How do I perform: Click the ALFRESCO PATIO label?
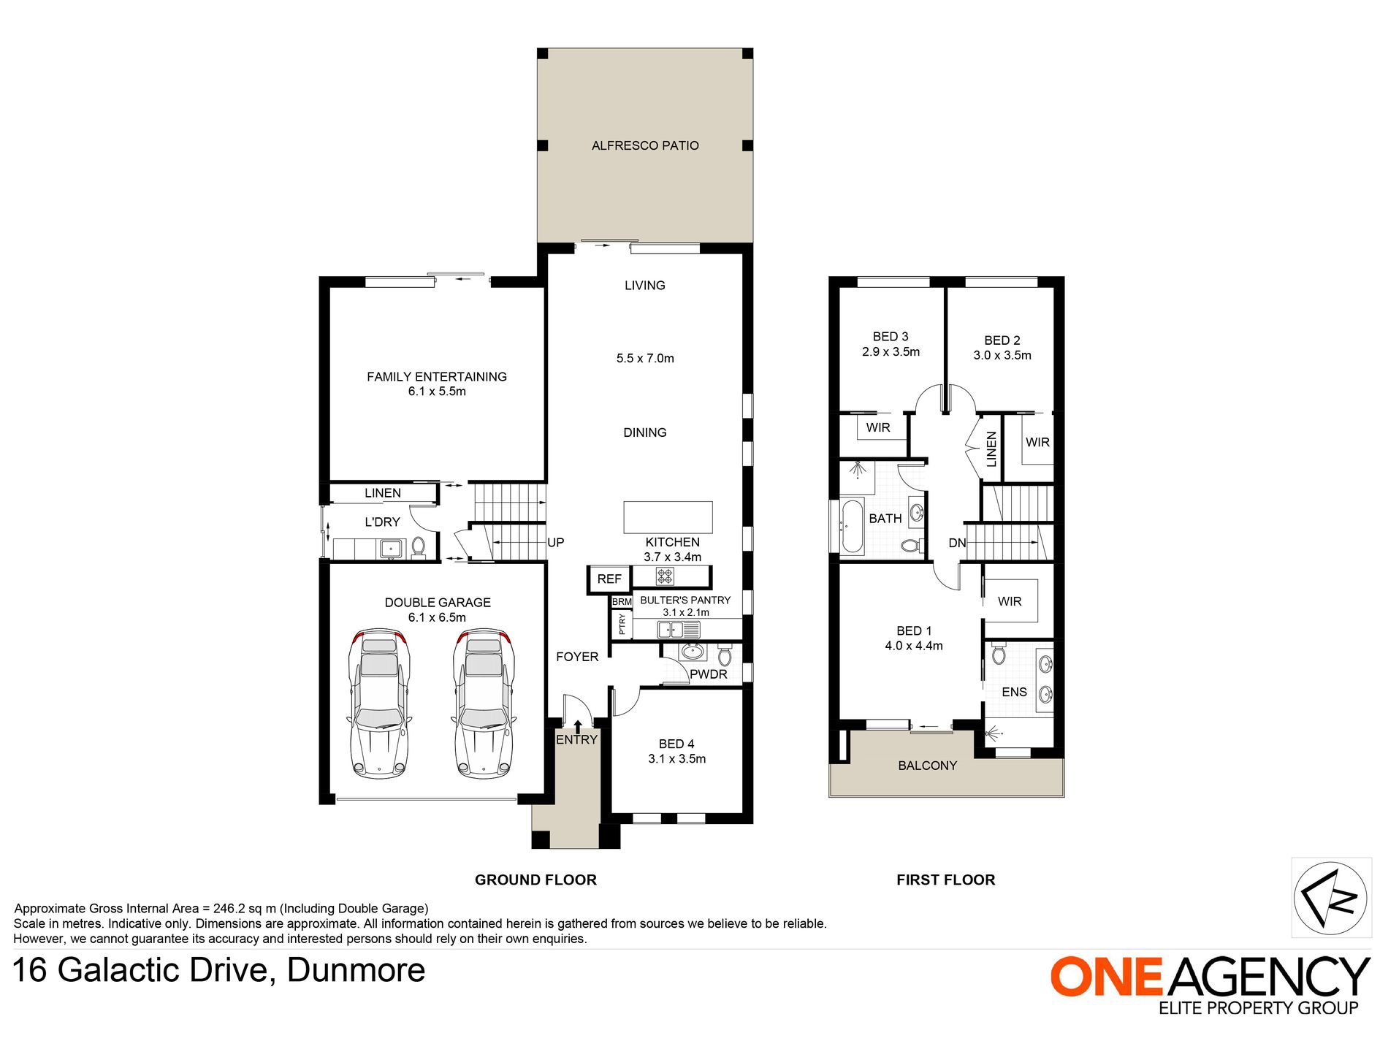(x=645, y=146)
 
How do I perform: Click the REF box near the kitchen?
(x=609, y=579)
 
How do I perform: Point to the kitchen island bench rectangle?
(x=668, y=517)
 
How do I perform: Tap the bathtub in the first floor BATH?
(x=852, y=526)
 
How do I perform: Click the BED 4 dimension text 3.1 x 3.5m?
(x=676, y=759)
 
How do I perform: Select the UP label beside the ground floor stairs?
(x=555, y=543)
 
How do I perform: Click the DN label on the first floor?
(x=957, y=544)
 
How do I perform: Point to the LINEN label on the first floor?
(x=991, y=449)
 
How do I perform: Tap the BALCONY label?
(x=927, y=766)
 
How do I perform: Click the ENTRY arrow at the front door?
(x=578, y=726)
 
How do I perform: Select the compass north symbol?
(x=1330, y=898)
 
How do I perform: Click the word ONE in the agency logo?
(x=1106, y=977)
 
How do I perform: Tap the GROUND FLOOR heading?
(x=535, y=880)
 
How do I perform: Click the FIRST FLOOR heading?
(x=945, y=880)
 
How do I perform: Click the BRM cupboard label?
(x=622, y=602)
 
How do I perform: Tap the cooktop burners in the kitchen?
(x=664, y=576)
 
